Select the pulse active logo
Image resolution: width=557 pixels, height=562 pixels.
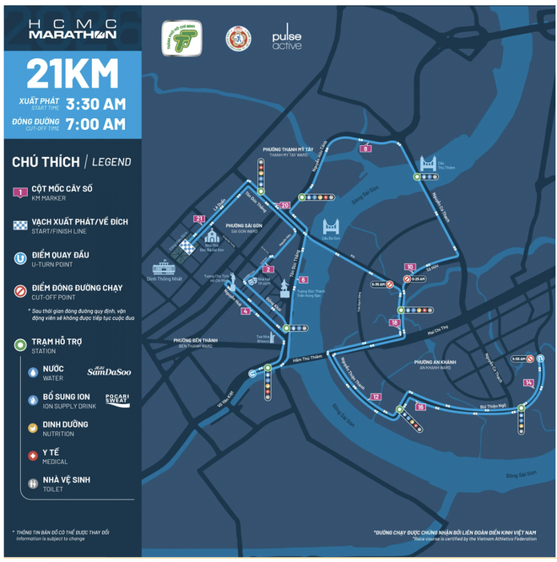point(286,39)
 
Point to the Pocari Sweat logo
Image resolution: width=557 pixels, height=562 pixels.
point(117,400)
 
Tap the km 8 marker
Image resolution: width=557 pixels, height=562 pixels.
point(365,149)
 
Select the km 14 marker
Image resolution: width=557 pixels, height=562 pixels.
point(528,382)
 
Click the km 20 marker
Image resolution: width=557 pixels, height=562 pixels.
point(284,204)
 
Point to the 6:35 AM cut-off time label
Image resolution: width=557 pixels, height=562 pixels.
point(377,284)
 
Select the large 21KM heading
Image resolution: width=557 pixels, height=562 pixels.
point(73,73)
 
